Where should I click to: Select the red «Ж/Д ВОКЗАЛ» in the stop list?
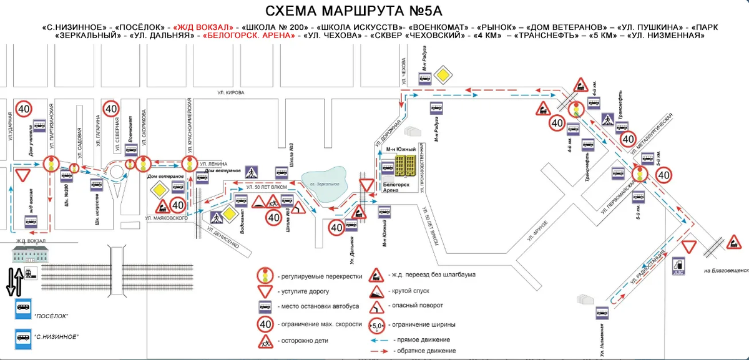[x=203, y=27]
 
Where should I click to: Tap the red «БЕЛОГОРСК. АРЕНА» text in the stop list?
[x=249, y=36]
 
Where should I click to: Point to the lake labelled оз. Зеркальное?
[x=325, y=182]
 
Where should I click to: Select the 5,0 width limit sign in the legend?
[x=377, y=324]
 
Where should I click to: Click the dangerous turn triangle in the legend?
[x=377, y=306]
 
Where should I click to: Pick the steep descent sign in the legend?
[x=377, y=291]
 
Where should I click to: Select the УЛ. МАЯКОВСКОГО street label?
[x=167, y=218]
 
